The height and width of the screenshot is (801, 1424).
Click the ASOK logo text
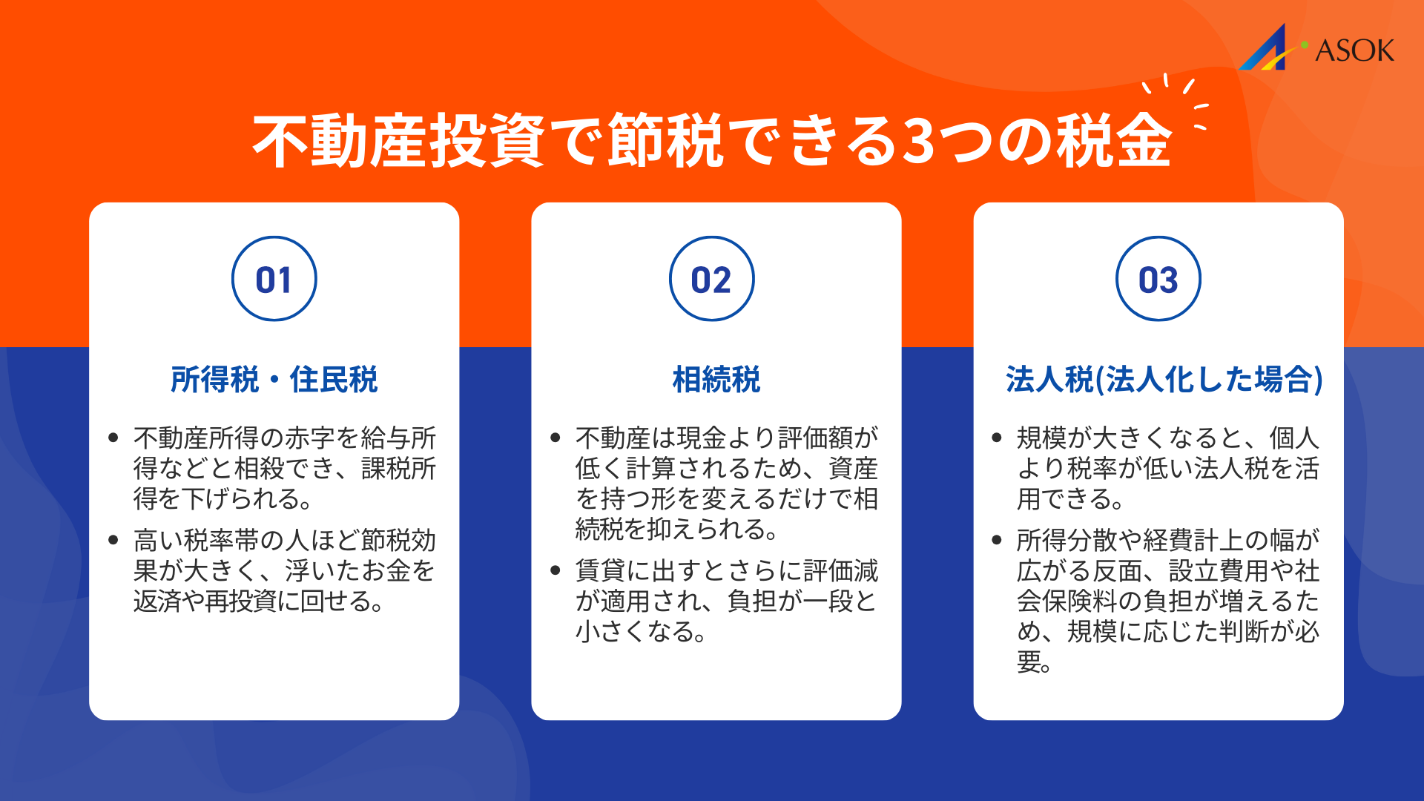point(1354,50)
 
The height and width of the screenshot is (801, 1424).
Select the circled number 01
point(274,279)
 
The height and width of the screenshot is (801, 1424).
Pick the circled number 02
point(711,279)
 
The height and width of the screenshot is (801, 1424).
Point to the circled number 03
point(1158,279)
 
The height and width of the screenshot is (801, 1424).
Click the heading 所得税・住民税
point(274,379)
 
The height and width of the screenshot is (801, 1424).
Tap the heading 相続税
point(716,379)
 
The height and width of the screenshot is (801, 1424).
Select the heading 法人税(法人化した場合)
point(1164,379)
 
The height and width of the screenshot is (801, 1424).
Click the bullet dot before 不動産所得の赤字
point(113,438)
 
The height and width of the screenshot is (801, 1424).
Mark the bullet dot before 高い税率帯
point(113,540)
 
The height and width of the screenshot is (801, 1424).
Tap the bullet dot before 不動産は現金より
point(556,438)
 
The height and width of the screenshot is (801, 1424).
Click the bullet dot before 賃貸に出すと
point(556,570)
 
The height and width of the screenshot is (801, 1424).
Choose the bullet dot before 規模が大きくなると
point(997,438)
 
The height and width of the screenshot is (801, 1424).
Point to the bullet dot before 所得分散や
point(997,540)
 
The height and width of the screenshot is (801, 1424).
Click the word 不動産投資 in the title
point(399,141)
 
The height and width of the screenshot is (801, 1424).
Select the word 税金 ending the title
point(1114,141)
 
